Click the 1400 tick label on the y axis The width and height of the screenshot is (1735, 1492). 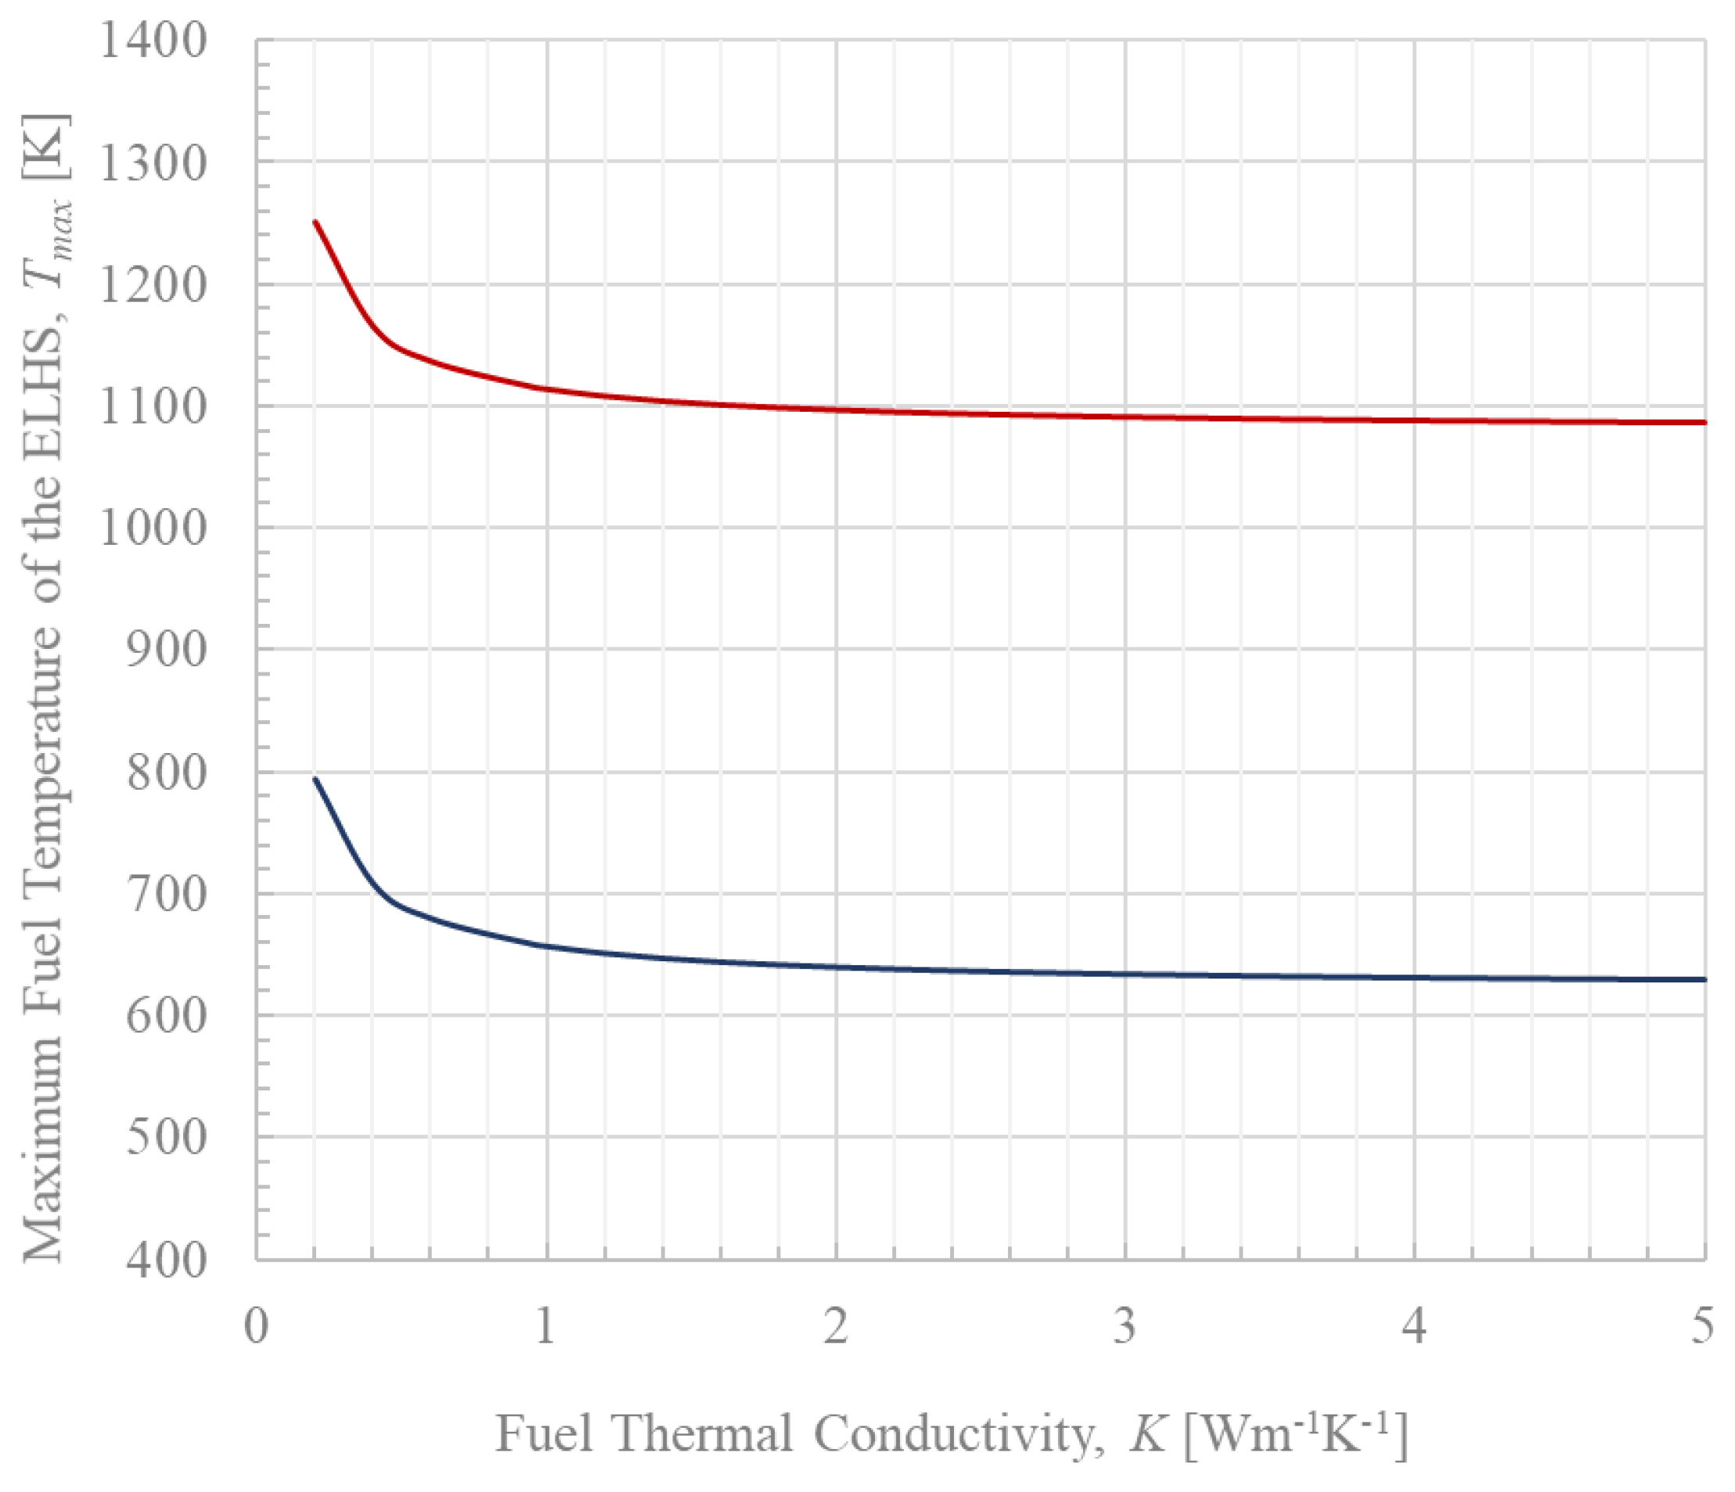coord(153,40)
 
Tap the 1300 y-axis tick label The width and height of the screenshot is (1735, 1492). coord(153,163)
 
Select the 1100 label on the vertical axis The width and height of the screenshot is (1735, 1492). coord(153,407)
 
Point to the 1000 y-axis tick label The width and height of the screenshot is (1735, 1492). coord(153,528)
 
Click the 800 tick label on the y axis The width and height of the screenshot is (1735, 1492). coord(166,773)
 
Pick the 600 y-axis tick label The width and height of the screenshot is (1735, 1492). coord(166,1016)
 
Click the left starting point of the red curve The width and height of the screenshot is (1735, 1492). coord(315,222)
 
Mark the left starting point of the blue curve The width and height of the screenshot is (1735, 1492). coord(315,779)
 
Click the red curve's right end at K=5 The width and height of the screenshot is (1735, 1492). coord(1703,422)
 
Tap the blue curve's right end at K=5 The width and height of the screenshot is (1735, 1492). coord(1703,979)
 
